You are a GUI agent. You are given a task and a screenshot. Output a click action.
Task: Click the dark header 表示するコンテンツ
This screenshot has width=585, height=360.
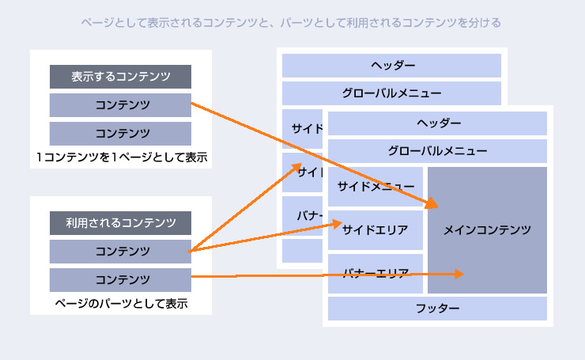[120, 77]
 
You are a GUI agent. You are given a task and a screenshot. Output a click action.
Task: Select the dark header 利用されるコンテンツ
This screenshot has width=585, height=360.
[120, 223]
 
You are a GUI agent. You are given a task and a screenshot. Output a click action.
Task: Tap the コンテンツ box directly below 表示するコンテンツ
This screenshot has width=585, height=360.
[120, 104]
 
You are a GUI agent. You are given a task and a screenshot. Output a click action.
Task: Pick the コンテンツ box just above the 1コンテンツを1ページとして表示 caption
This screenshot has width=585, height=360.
[120, 133]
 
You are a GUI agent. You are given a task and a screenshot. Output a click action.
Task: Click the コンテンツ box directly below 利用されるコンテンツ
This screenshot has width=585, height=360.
[120, 252]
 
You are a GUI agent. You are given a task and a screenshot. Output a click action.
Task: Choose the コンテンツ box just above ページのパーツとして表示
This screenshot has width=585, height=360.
[120, 279]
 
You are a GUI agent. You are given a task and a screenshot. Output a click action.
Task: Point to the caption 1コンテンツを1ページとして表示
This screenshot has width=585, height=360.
[121, 157]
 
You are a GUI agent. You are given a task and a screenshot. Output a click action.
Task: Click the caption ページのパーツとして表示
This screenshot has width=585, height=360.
[121, 303]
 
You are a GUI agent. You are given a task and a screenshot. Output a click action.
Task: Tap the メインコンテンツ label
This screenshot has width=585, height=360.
[487, 229]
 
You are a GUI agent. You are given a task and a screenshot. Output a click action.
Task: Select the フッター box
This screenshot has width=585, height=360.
[437, 308]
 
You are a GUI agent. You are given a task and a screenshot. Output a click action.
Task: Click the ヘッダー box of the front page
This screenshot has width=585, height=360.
[437, 123]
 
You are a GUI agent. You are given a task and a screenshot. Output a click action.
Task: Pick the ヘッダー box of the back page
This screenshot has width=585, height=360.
[391, 65]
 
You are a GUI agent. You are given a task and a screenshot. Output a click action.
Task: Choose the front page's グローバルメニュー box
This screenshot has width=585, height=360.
[437, 150]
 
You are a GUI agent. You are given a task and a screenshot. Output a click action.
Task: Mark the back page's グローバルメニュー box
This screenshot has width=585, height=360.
[391, 93]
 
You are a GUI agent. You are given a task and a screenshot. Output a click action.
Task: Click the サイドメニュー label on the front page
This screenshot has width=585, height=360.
[376, 187]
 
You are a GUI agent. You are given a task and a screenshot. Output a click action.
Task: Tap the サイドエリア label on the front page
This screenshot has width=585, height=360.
[375, 230]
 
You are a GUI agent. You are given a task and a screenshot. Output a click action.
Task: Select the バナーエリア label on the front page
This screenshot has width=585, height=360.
[376, 274]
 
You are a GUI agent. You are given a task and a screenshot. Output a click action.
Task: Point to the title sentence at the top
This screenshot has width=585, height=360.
[292, 23]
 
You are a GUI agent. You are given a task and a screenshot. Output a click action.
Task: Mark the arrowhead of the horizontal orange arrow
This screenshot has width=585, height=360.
[459, 275]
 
